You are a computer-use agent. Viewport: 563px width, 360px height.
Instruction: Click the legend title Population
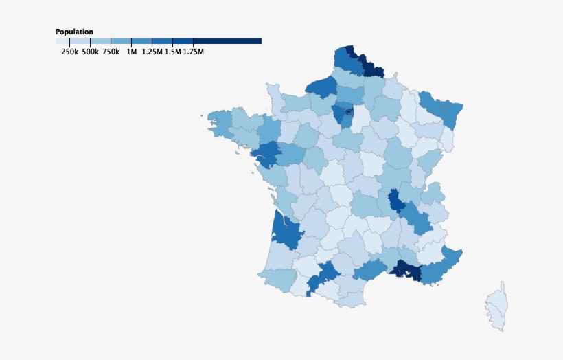coord(74,32)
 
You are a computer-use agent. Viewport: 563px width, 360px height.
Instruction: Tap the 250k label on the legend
coord(69,52)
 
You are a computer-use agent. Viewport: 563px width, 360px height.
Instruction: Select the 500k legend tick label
coord(90,52)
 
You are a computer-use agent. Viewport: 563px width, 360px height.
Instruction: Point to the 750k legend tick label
coord(111,52)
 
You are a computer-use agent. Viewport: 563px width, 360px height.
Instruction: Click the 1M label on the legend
coord(131,52)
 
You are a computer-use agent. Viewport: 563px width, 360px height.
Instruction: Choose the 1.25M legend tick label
coord(152,52)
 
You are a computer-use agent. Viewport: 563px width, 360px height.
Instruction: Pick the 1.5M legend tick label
coord(172,52)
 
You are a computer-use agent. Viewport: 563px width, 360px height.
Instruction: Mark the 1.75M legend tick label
coord(193,52)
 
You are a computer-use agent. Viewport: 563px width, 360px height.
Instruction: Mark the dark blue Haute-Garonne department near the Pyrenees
coord(321,275)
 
